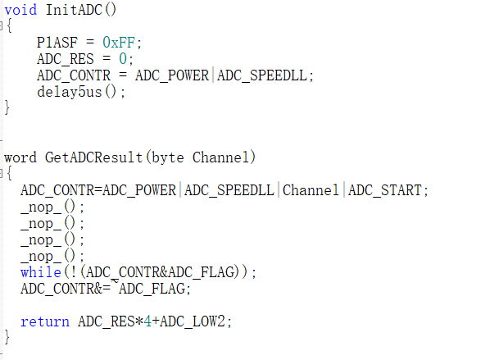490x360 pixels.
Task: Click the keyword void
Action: click(20, 10)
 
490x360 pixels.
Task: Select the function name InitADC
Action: click(74, 10)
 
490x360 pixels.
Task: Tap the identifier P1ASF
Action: click(57, 43)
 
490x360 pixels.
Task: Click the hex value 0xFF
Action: click(119, 43)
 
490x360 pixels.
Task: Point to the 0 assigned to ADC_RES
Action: click(123, 59)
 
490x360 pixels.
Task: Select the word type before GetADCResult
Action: click(20, 157)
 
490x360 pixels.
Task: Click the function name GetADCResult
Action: click(93, 157)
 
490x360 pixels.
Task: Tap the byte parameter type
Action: click(167, 157)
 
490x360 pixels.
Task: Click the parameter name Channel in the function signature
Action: click(221, 157)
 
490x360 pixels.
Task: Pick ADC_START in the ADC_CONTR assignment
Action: click(385, 190)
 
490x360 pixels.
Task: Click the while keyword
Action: click(41, 272)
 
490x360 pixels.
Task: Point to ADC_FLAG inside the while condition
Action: click(202, 272)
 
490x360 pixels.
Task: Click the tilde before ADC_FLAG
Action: click(115, 282)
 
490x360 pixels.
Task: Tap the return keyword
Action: click(45, 321)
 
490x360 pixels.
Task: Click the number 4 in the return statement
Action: click(147, 321)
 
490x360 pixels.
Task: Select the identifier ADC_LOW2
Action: click(193, 321)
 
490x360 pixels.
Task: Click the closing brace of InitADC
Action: click(7, 108)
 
